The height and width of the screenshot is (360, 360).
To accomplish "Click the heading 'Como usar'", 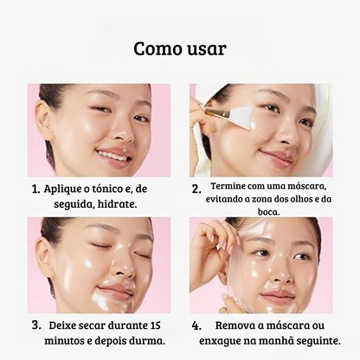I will tap(180, 48).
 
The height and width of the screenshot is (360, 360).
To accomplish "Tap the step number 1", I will tap(35, 190).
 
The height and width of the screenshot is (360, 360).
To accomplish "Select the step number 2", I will tap(196, 188).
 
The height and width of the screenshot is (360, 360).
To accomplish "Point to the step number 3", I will tap(36, 325).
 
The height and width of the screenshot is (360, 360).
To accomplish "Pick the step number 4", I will tap(196, 325).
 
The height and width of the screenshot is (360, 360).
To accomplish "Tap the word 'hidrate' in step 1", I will tap(116, 205).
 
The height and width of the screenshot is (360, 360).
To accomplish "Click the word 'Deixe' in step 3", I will tap(63, 325).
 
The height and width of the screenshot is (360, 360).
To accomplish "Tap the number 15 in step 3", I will tap(156, 325).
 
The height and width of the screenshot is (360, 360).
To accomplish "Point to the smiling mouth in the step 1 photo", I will tap(113, 156).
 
